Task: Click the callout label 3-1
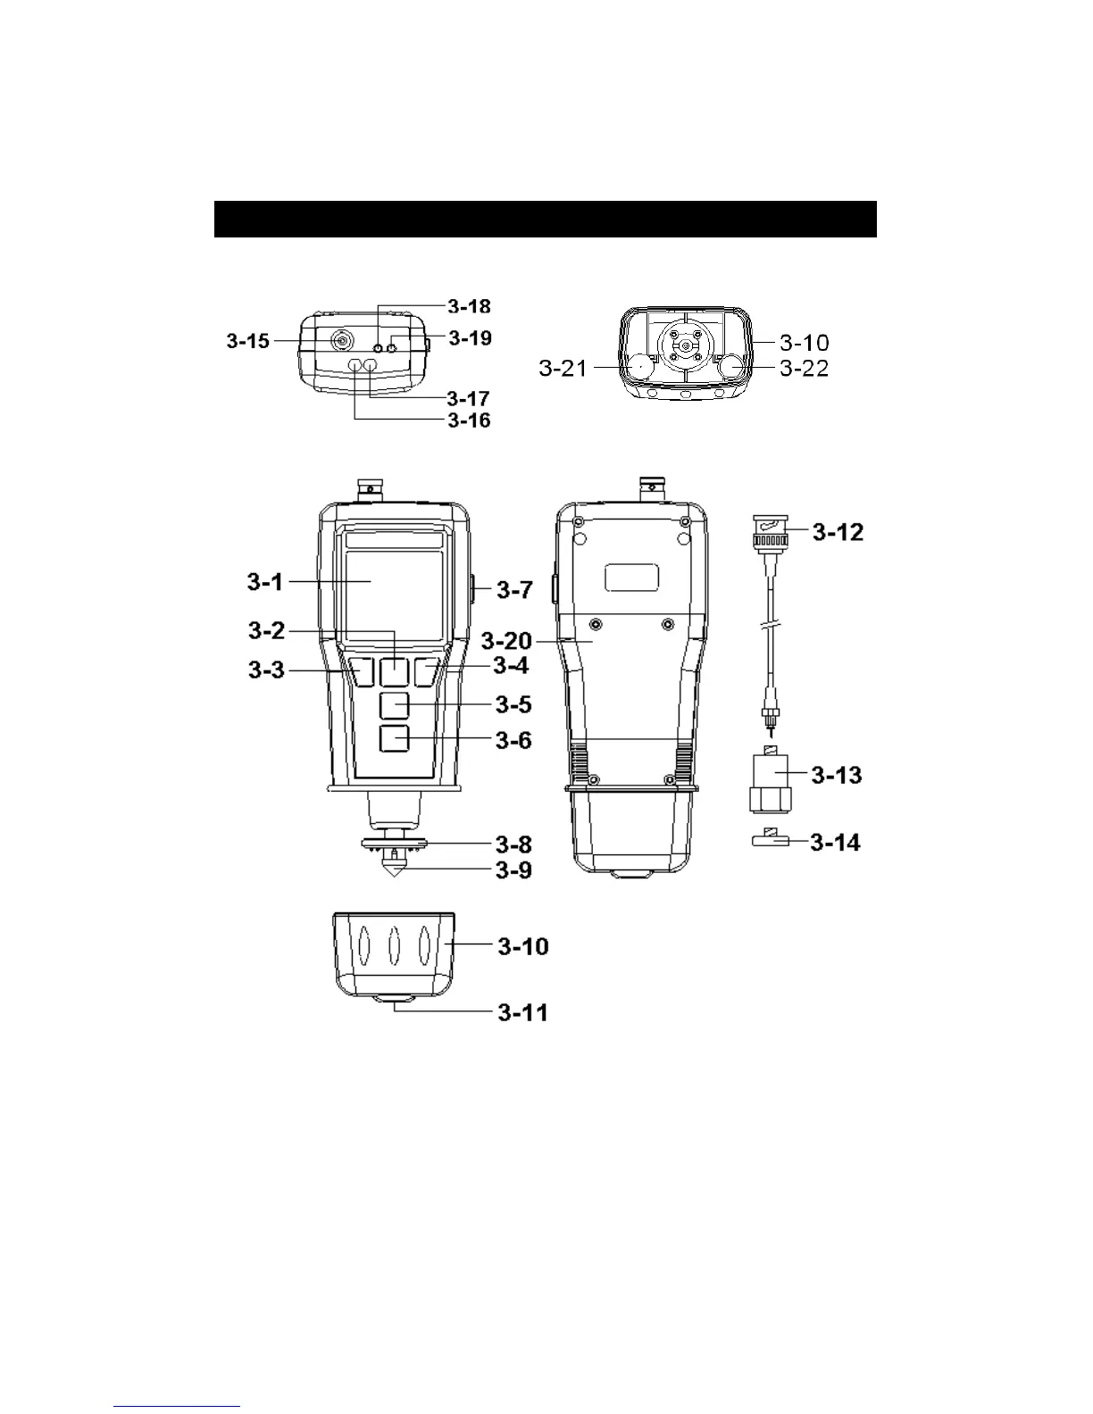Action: click(264, 583)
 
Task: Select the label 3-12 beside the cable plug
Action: click(837, 533)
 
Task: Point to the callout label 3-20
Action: click(506, 641)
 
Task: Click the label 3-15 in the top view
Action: click(247, 340)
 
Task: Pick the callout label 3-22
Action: click(804, 368)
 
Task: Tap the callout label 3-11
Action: click(522, 1012)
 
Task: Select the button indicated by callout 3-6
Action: click(394, 739)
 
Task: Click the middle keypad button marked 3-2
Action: click(394, 671)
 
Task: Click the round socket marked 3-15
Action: click(341, 340)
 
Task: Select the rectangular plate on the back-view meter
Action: click(632, 578)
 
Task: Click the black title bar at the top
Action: click(545, 219)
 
